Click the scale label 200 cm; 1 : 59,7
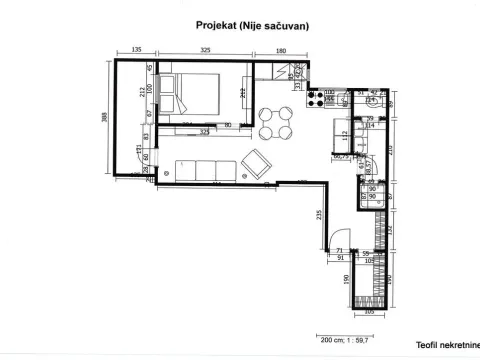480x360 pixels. point(342,339)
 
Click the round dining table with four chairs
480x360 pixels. point(275,122)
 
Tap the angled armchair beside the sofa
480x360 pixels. point(257,161)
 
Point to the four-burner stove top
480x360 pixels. point(328,97)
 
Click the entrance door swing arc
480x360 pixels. point(326,241)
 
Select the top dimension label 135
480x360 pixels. point(137,49)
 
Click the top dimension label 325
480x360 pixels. point(204,49)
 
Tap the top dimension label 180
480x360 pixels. point(281,49)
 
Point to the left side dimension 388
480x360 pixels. point(105,117)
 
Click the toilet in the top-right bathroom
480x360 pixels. point(372,99)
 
